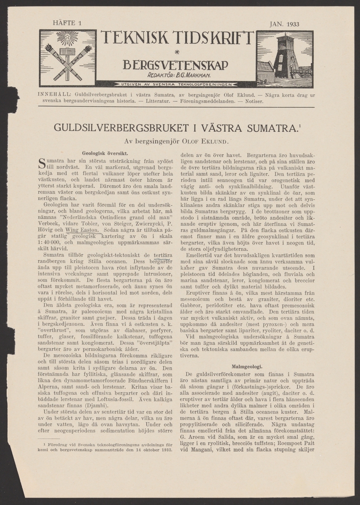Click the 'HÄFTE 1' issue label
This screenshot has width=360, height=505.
tap(65, 24)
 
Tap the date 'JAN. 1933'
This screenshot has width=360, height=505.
tap(284, 24)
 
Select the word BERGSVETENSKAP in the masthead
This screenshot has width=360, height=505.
tap(175, 65)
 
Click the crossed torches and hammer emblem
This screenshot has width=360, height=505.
tap(68, 58)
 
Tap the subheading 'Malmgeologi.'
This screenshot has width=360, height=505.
tap(247, 367)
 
